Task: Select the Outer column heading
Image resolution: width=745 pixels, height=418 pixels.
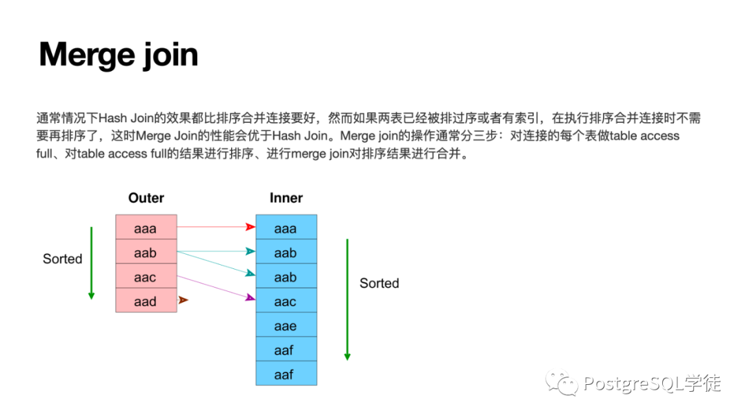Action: [x=146, y=198]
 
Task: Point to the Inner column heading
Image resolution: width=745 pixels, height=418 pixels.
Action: [x=286, y=198]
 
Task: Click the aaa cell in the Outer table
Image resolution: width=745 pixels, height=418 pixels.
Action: [x=146, y=228]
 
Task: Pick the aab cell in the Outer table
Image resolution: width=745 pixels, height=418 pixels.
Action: [x=146, y=252]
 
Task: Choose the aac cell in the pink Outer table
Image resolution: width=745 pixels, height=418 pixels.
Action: [x=146, y=277]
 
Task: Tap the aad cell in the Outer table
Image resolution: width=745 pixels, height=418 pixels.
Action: [x=146, y=301]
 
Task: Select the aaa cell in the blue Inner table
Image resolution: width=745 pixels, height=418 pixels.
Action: [x=286, y=228]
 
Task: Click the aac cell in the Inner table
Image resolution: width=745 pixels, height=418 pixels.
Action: [x=286, y=301]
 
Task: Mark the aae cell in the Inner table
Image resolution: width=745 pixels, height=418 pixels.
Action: [x=286, y=326]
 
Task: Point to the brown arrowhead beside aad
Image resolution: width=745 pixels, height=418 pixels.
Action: [x=183, y=300]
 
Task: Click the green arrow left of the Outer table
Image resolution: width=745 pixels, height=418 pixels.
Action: [x=91, y=262]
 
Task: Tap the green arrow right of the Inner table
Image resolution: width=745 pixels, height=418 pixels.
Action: [x=347, y=299]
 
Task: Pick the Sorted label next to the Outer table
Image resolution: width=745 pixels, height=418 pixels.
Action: [x=62, y=259]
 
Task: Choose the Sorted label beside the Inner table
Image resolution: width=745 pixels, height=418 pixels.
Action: [x=379, y=283]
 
